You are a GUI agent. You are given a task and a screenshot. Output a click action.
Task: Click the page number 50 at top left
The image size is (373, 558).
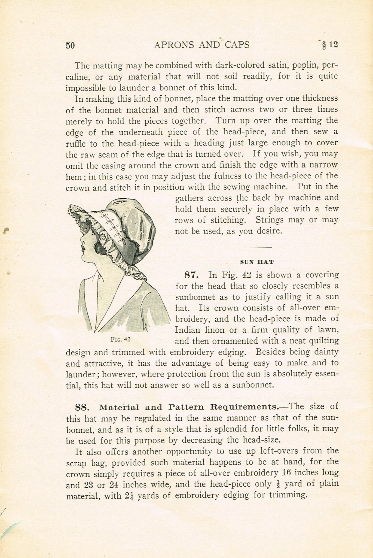click(x=70, y=45)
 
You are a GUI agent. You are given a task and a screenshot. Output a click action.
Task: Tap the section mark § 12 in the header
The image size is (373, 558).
click(x=330, y=45)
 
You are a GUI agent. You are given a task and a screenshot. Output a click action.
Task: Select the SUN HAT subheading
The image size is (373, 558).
click(x=257, y=262)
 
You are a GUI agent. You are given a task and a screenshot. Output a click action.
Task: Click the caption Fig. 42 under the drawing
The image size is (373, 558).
click(x=121, y=339)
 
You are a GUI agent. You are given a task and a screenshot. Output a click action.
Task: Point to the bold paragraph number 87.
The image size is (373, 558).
click(x=192, y=275)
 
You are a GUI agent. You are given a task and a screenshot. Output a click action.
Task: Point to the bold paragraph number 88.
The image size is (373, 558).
click(x=82, y=407)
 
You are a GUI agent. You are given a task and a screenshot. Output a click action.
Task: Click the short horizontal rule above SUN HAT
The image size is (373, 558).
click(x=255, y=247)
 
